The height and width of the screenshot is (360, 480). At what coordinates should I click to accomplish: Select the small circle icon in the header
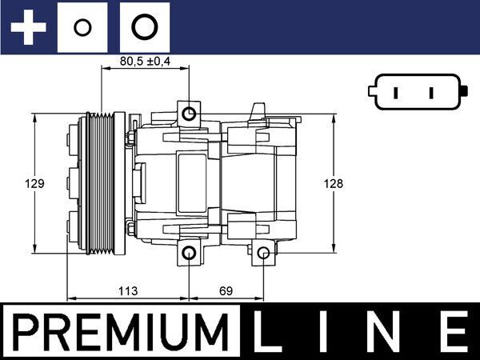pos(81,28)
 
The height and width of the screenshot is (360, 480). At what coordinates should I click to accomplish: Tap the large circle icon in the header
pos(144,28)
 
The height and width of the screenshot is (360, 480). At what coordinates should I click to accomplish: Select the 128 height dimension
pos(334,183)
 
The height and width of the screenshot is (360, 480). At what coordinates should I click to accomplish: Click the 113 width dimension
pos(129,290)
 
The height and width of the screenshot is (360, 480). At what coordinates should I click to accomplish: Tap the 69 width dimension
pos(226,290)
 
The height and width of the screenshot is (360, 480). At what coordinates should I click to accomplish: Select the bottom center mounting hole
pos(189,254)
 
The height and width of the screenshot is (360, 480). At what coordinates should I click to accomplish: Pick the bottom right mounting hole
pos(263,254)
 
